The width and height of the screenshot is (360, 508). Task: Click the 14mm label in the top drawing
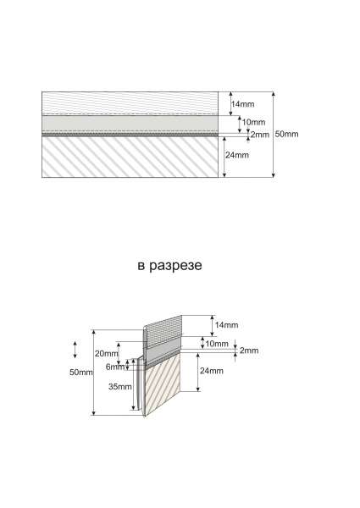pyautogui.click(x=243, y=104)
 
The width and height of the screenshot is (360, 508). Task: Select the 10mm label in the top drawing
pyautogui.click(x=254, y=122)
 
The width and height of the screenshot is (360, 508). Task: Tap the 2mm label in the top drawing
pyautogui.click(x=260, y=135)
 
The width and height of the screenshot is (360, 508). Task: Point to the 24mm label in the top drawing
pyautogui.click(x=237, y=155)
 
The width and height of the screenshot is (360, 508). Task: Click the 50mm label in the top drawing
pyautogui.click(x=287, y=134)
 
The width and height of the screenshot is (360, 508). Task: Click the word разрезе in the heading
pyautogui.click(x=175, y=266)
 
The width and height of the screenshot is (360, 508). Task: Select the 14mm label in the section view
pyautogui.click(x=226, y=325)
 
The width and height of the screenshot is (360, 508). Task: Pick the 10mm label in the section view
pyautogui.click(x=217, y=344)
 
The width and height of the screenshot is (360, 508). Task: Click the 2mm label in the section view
pyautogui.click(x=249, y=351)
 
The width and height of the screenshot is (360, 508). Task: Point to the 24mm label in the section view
pyautogui.click(x=212, y=371)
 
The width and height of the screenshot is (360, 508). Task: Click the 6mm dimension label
pyautogui.click(x=115, y=367)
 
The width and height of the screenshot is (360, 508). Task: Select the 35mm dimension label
pyautogui.click(x=120, y=387)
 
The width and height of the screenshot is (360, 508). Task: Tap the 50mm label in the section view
pyautogui.click(x=81, y=373)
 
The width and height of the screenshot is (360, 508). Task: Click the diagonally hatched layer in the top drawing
pyautogui.click(x=130, y=157)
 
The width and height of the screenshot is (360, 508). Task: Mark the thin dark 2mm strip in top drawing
pyautogui.click(x=130, y=134)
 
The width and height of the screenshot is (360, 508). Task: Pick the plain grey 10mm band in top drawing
pyautogui.click(x=130, y=124)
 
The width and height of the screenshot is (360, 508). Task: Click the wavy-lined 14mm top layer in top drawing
pyautogui.click(x=130, y=103)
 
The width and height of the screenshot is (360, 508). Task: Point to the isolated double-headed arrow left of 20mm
pyautogui.click(x=75, y=350)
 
